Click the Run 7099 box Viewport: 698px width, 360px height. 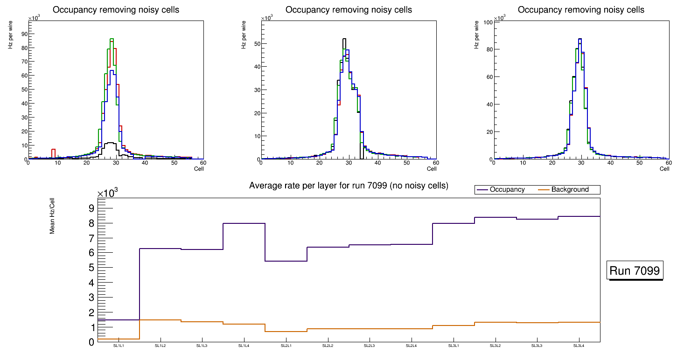click(635, 271)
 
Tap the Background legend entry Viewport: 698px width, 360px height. click(570, 190)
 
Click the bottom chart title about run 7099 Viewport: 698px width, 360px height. click(349, 186)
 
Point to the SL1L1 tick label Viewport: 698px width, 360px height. click(118, 346)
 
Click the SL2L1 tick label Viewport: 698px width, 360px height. click(286, 346)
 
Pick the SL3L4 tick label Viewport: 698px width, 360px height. click(579, 346)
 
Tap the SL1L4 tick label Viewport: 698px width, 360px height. click(244, 346)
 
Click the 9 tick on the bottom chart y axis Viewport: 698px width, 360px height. click(91, 208)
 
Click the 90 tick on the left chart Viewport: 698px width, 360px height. click(23, 34)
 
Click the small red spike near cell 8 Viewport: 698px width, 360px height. click(53, 150)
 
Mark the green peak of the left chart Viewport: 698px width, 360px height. click(112, 39)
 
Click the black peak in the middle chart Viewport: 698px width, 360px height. click(344, 39)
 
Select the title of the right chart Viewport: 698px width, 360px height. click(581, 9)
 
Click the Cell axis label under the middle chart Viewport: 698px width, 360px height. click(432, 168)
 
